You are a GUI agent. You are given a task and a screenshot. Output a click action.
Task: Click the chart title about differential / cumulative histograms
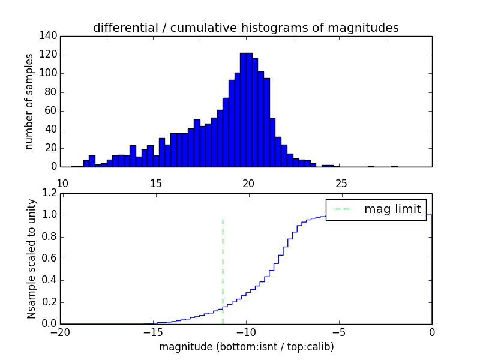[245, 28]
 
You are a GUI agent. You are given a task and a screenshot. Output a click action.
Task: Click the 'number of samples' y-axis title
[29, 101]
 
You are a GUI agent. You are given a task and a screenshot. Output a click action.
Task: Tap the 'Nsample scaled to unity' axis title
[31, 259]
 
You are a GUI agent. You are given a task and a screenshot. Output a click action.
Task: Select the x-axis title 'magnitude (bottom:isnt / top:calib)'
[246, 347]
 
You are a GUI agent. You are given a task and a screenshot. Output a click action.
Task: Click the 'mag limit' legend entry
[392, 209]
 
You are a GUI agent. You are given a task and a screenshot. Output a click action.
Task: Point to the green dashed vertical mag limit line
[223, 264]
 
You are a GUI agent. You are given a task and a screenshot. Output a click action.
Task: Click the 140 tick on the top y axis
[50, 36]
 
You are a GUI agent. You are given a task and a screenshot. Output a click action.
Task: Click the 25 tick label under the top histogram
[341, 183]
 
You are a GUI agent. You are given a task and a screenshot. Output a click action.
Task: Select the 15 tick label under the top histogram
[155, 183]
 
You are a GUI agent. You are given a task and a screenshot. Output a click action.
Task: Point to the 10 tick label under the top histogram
[62, 183]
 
